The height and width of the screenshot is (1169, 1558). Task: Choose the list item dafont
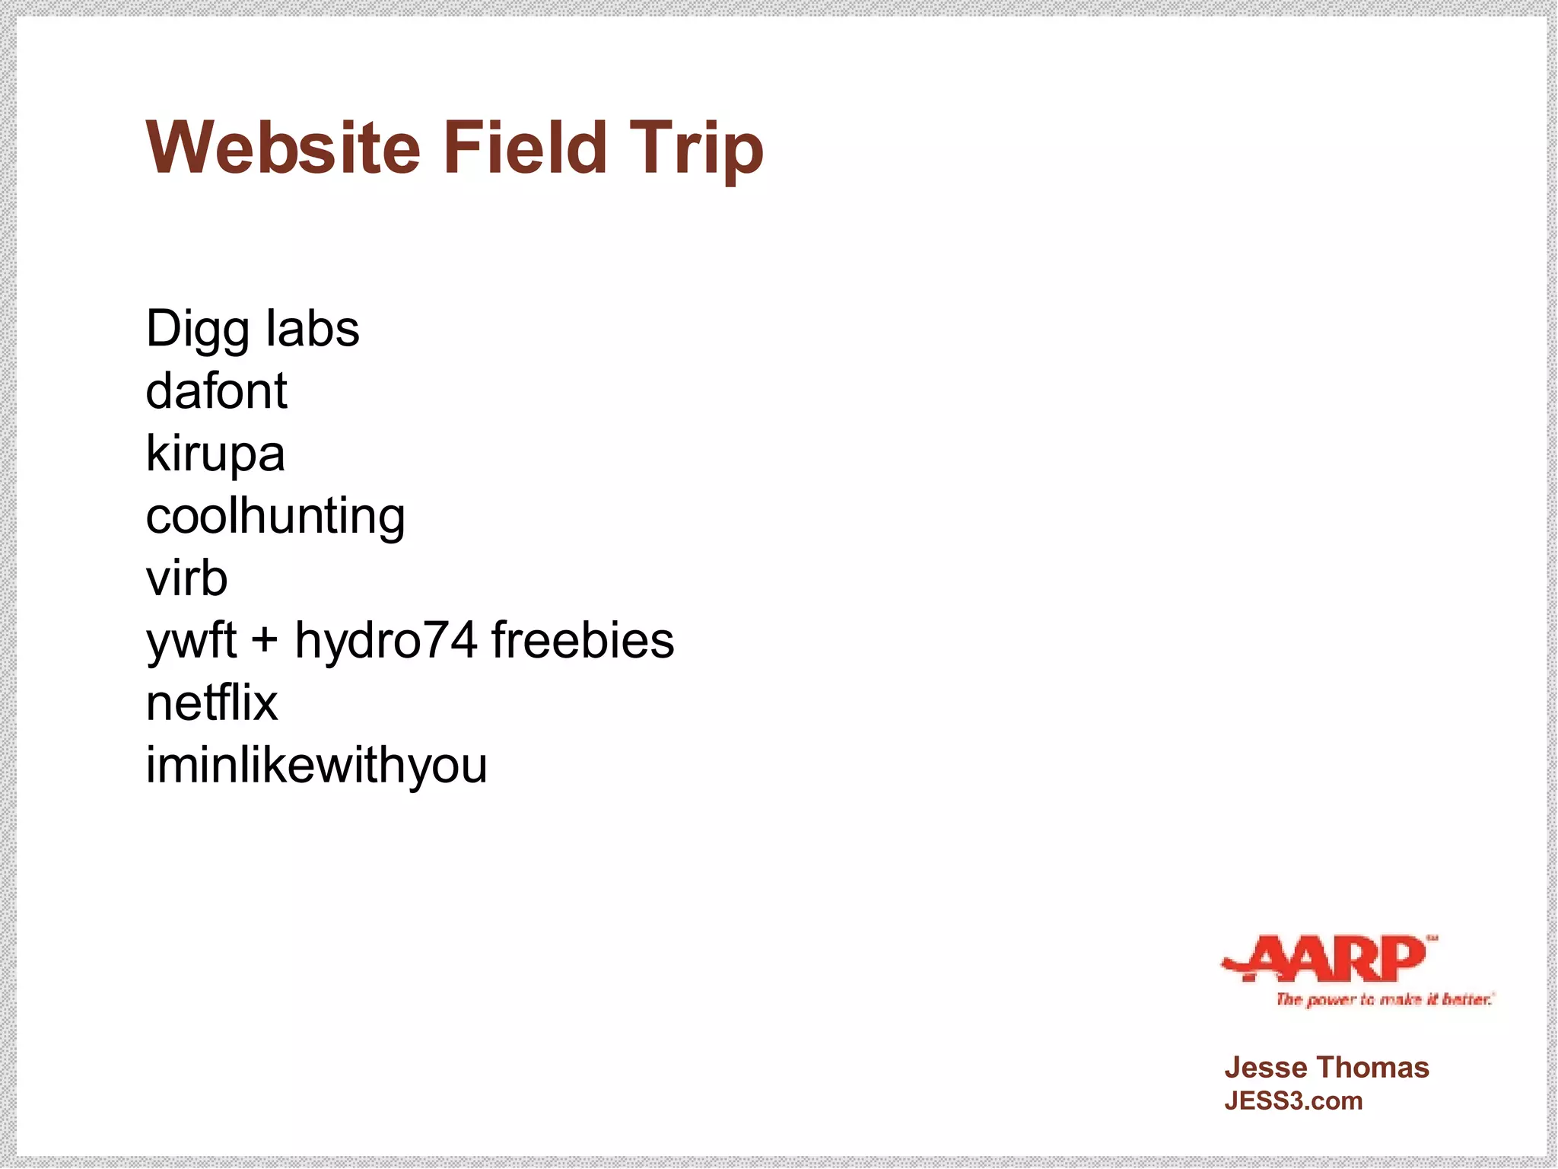tap(216, 391)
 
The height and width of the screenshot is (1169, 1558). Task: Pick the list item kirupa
tap(215, 455)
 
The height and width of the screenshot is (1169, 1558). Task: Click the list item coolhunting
tap(275, 518)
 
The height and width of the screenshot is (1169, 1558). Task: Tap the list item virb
tap(186, 578)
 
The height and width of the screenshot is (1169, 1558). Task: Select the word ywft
tap(191, 642)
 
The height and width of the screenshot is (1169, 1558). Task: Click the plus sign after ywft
tap(264, 640)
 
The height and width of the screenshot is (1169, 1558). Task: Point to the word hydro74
tap(386, 640)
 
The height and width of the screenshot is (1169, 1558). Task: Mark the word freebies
tap(583, 640)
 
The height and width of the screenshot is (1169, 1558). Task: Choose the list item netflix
tap(211, 702)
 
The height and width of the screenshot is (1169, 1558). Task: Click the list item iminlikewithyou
tap(316, 766)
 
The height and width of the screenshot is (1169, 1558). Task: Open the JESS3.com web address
tap(1293, 1101)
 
